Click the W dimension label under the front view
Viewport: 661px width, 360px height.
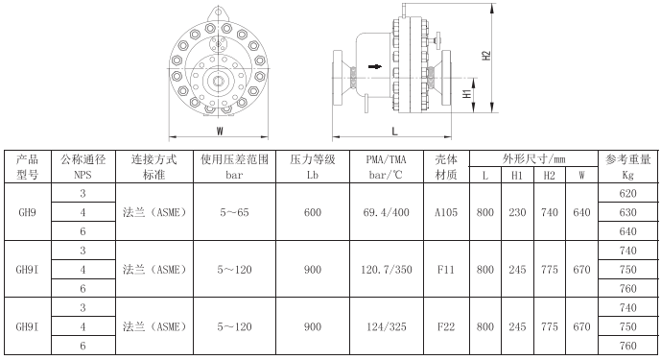[x=220, y=132]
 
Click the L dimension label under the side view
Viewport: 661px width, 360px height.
[x=394, y=132]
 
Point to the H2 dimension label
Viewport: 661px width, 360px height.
[x=486, y=56]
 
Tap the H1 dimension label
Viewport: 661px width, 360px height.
[x=467, y=94]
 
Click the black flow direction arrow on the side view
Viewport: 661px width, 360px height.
[x=375, y=66]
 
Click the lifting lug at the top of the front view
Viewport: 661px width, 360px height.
[x=219, y=12]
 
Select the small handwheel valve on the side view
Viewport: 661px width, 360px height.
[x=436, y=40]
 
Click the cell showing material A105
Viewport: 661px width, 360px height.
[x=446, y=212]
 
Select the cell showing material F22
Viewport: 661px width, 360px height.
[x=446, y=326]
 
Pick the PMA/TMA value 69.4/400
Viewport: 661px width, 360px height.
[x=387, y=212]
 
